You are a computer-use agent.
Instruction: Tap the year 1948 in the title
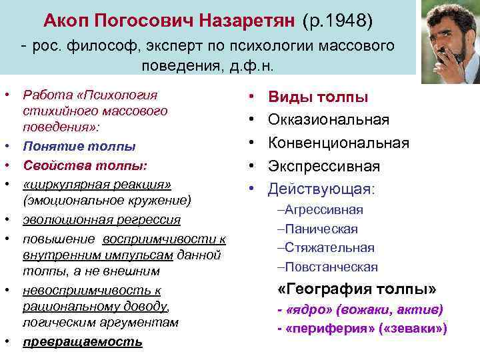[x=344, y=21]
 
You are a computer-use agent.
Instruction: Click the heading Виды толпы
[x=317, y=97]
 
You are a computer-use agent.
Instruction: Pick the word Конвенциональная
[x=338, y=143]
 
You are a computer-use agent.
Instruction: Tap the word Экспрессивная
[x=323, y=166]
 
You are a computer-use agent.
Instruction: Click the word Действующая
[x=321, y=189]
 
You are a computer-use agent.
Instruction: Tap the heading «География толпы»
[x=357, y=289]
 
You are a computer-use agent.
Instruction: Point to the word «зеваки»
[x=419, y=329]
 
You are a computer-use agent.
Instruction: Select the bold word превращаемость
[x=82, y=342]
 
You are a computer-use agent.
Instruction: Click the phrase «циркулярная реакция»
[x=97, y=183]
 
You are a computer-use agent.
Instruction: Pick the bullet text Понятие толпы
[x=79, y=146]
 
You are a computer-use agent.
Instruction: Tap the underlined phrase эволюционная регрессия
[x=101, y=220]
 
